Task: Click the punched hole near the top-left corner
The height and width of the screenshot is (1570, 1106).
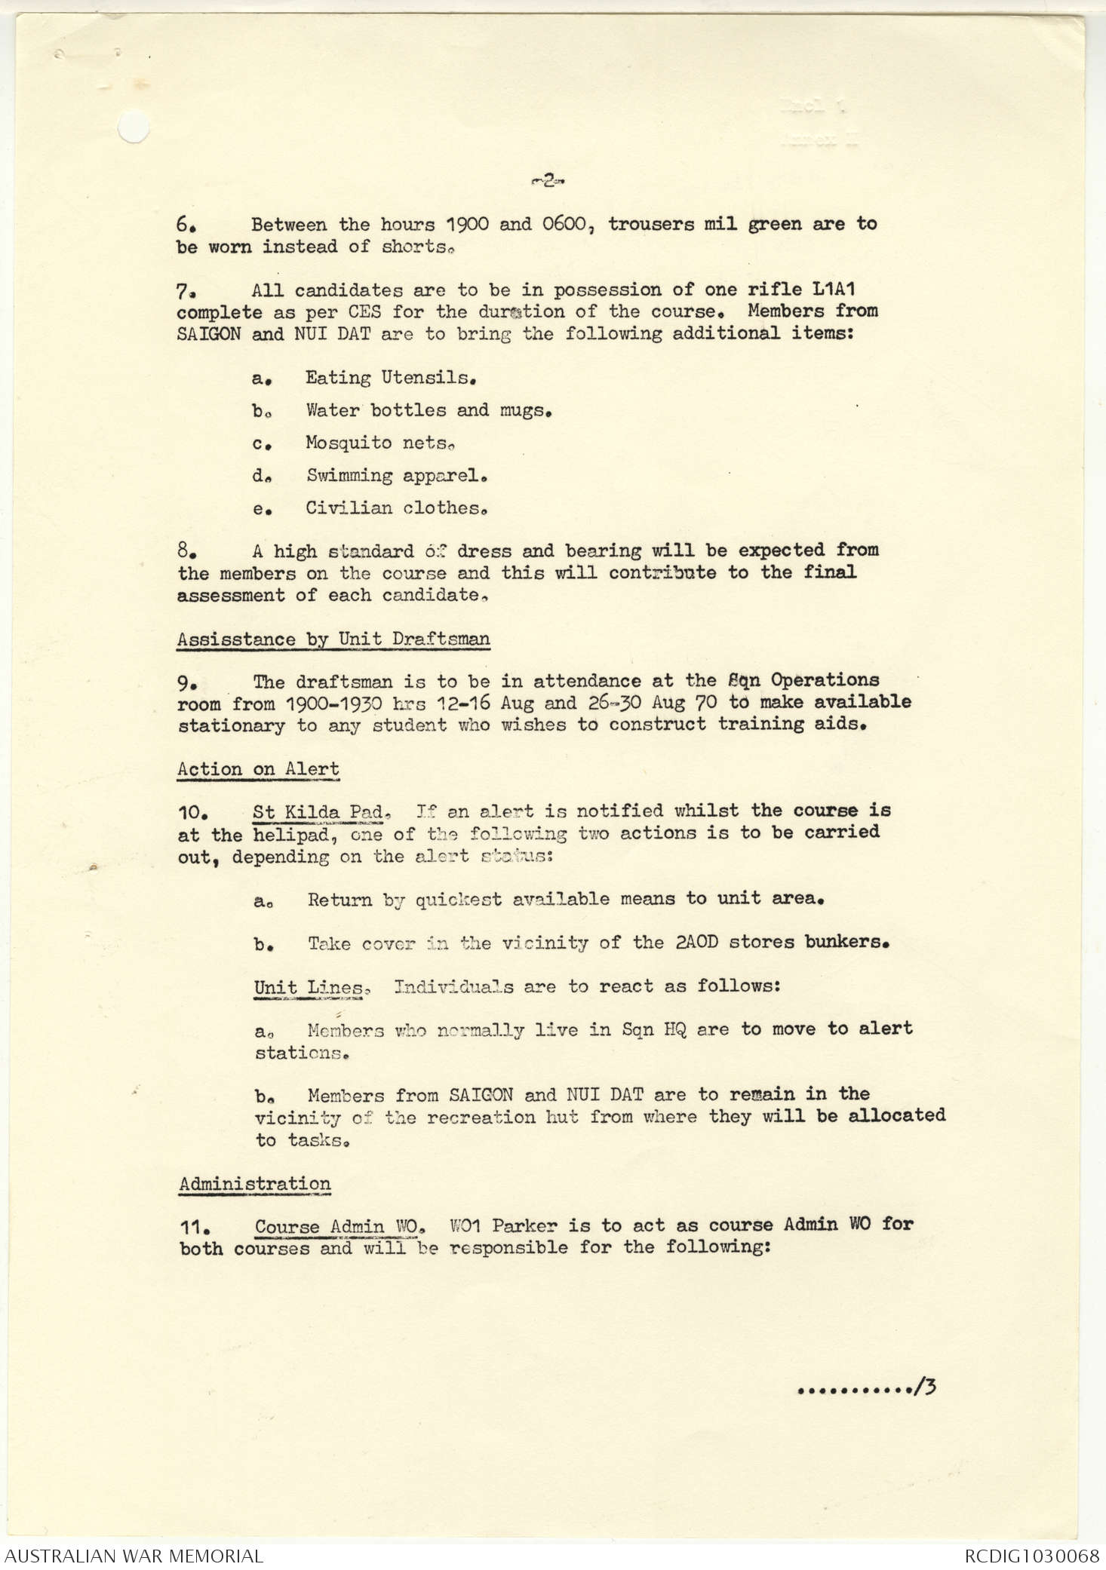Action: (x=134, y=126)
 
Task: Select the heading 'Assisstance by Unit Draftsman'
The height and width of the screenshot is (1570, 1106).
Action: (x=333, y=639)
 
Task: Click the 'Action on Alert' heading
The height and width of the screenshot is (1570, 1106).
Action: (x=258, y=769)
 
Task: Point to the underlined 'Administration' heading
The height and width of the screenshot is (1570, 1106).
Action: (x=254, y=1183)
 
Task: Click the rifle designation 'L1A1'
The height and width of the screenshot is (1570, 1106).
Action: (x=834, y=290)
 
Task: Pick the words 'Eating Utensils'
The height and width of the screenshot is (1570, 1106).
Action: (x=390, y=378)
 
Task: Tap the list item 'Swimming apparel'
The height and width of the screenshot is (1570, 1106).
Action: (x=395, y=475)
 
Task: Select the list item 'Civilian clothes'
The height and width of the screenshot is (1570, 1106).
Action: (x=395, y=507)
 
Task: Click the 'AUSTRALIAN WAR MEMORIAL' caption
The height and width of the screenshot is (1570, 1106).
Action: (x=134, y=1555)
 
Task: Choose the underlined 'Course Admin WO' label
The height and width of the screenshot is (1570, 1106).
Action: (x=336, y=1226)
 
